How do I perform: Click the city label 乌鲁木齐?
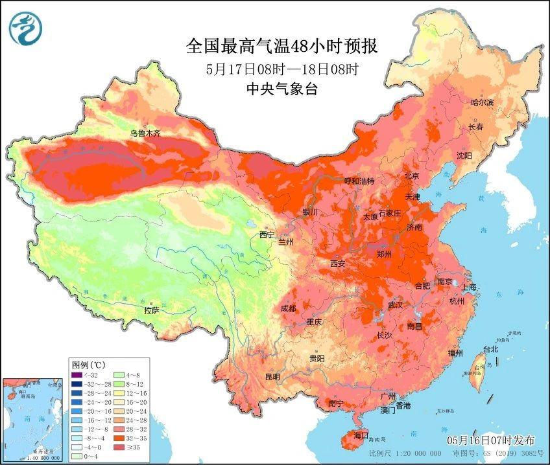144,133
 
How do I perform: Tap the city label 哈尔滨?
482,103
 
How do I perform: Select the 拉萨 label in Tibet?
151,311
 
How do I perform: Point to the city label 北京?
413,176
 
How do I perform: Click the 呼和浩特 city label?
359,181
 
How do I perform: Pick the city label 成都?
290,308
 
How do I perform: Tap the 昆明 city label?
272,377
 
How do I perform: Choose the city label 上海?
469,287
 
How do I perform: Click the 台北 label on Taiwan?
490,349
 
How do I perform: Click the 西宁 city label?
267,234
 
